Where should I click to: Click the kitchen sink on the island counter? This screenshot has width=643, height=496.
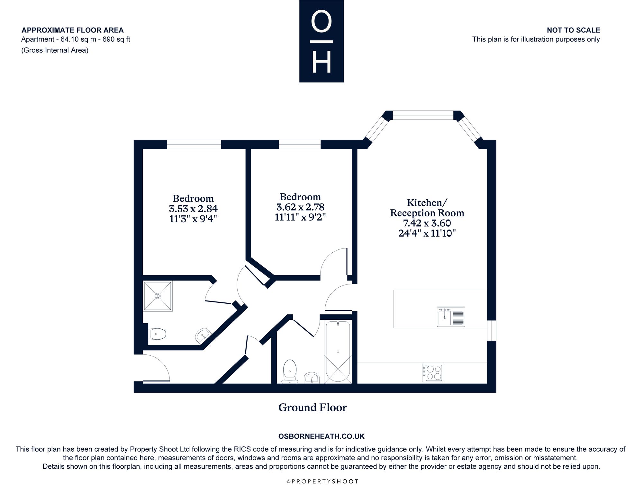(x=451, y=317)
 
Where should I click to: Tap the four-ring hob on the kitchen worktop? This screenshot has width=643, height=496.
(x=432, y=373)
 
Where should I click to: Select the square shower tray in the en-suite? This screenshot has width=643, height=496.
(x=158, y=296)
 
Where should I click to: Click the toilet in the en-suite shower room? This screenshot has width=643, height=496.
(x=157, y=334)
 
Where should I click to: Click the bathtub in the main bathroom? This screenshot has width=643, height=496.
(x=338, y=352)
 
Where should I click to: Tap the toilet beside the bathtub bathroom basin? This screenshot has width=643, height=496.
(x=290, y=372)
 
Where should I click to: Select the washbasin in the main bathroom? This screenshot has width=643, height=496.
(x=312, y=378)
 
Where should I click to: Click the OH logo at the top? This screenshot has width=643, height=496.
(x=321, y=41)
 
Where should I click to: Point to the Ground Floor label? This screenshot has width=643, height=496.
(x=312, y=407)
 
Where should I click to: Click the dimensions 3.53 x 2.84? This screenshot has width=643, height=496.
(x=193, y=209)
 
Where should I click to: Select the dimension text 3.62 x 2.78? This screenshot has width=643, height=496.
(x=300, y=207)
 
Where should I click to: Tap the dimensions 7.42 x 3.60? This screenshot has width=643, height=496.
(x=427, y=223)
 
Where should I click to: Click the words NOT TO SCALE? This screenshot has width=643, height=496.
(x=574, y=30)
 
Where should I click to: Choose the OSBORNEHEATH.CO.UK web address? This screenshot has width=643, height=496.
(x=321, y=436)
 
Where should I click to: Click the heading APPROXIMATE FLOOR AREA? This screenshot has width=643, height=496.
(x=73, y=30)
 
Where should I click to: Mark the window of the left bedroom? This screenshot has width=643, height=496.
(x=194, y=144)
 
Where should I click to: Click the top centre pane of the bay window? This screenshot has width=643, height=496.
(x=423, y=115)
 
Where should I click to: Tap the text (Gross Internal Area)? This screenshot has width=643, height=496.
(x=55, y=50)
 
